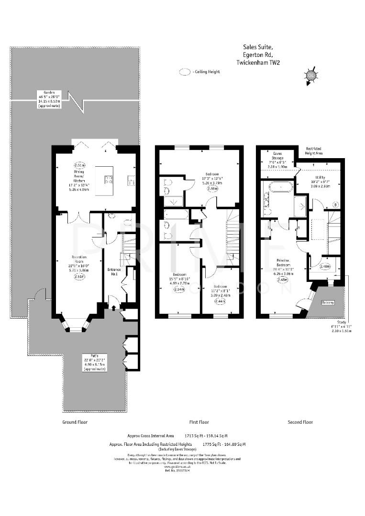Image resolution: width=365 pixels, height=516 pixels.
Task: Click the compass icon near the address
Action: point(311,75)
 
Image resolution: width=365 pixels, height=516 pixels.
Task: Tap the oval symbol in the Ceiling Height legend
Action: point(185,72)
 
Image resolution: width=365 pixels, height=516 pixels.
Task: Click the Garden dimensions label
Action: point(49,99)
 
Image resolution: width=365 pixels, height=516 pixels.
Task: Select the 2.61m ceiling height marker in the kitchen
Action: point(80,165)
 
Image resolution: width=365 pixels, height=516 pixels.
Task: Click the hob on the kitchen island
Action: point(109,180)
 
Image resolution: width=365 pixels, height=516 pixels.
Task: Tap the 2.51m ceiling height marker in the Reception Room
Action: point(80,276)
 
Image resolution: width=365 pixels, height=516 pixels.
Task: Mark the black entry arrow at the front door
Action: point(113,308)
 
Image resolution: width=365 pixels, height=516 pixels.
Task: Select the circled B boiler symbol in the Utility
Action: point(335,204)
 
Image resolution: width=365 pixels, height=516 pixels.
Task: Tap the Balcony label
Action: point(328,302)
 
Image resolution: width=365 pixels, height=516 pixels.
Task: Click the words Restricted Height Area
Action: point(313,151)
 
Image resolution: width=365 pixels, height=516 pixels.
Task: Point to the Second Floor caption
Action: point(300,422)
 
